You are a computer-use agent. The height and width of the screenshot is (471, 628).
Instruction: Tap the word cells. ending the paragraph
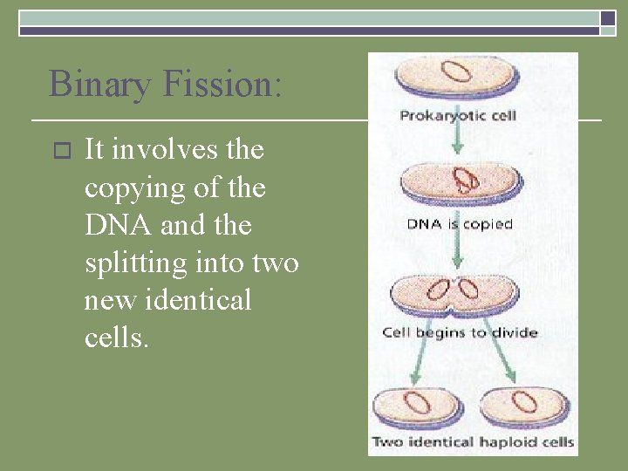(116, 338)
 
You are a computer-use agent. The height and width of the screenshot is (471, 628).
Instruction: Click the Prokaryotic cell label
(458, 115)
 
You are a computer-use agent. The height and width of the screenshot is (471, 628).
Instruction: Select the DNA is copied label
(460, 224)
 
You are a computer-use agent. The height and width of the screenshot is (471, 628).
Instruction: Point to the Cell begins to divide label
(460, 332)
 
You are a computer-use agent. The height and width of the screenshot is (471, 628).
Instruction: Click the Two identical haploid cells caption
(473, 442)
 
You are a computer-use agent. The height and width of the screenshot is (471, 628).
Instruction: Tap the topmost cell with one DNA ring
(458, 76)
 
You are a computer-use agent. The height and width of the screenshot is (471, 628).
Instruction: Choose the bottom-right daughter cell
(523, 406)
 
